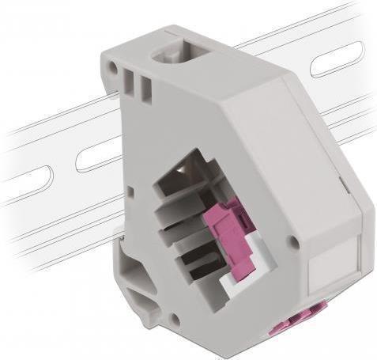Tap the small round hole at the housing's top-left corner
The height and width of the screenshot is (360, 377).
114,69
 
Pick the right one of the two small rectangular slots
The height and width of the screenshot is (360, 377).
146,89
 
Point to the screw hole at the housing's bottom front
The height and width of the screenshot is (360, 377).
175,320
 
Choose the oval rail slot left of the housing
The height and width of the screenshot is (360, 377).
93,155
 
